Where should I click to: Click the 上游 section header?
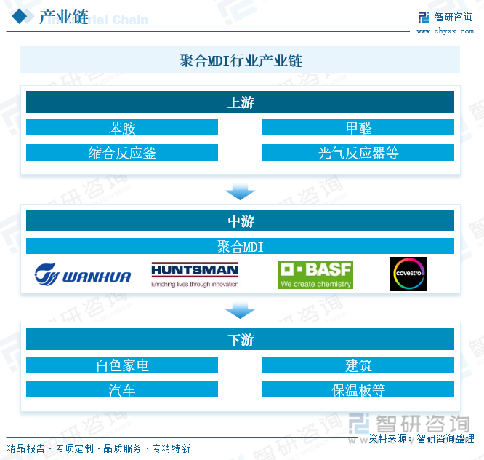pos(240,103)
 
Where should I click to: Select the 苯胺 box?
pos(122,128)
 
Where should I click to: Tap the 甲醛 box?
pos(358,128)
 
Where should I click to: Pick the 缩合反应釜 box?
pos(122,153)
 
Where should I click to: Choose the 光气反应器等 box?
pos(358,153)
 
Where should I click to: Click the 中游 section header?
pos(240,221)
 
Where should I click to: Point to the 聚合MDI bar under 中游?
pos(240,246)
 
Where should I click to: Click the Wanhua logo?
pos(83,275)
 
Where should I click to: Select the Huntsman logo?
pos(195,274)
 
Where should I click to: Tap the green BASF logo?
pos(315,274)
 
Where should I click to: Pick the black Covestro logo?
pos(408,274)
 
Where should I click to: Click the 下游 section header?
pos(240,340)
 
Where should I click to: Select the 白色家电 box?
pos(122,365)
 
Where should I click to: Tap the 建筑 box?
pos(358,365)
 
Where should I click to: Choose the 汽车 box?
pos(122,390)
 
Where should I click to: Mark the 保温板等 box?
pos(358,390)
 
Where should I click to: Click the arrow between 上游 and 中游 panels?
pos(240,191)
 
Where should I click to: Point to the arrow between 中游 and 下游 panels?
pos(240,311)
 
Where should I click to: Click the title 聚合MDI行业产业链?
pos(240,60)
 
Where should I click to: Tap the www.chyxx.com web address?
pos(444,31)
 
